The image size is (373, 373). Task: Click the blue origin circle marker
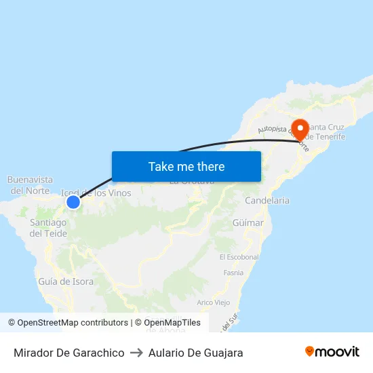point(73,201)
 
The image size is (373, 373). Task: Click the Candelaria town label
point(267,201)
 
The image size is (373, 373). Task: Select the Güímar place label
point(248,222)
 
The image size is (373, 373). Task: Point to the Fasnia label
point(233,273)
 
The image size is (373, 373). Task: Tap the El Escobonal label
point(239,257)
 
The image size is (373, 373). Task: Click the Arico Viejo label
point(213,302)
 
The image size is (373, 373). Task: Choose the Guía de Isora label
point(66,281)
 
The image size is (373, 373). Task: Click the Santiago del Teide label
point(48,228)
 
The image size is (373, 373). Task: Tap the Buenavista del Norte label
point(30,184)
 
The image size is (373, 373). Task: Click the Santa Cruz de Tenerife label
point(327,132)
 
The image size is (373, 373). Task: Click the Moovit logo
point(332,352)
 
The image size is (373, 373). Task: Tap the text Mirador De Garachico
point(68,353)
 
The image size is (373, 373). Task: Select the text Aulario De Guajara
point(195,353)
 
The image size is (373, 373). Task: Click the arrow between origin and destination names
point(136,353)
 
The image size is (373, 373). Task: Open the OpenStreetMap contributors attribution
point(73,323)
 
